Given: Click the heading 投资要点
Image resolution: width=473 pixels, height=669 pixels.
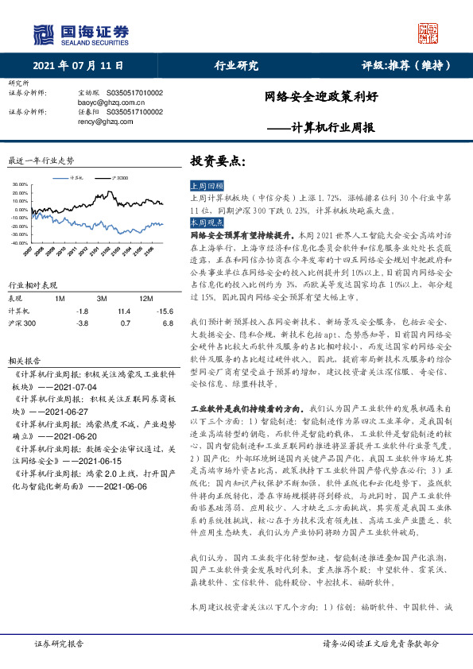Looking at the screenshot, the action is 213,160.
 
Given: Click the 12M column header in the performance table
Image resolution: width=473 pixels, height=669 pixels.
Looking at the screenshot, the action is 146,297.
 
